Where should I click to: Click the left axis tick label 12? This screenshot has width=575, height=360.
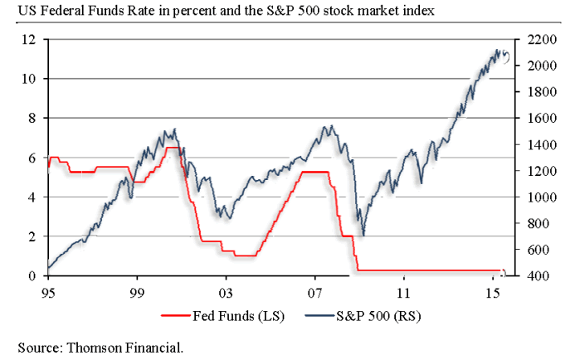click(x=28, y=39)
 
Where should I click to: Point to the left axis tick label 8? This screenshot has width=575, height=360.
click(x=32, y=118)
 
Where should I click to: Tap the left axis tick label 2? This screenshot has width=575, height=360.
click(x=32, y=236)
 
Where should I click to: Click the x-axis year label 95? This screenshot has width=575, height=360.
click(x=48, y=293)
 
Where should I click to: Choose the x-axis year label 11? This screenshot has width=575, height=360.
click(x=403, y=293)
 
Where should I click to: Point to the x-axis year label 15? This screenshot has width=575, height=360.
click(x=492, y=293)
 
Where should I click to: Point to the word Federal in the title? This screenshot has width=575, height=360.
click(x=57, y=11)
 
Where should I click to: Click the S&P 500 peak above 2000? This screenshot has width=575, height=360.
click(x=497, y=51)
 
